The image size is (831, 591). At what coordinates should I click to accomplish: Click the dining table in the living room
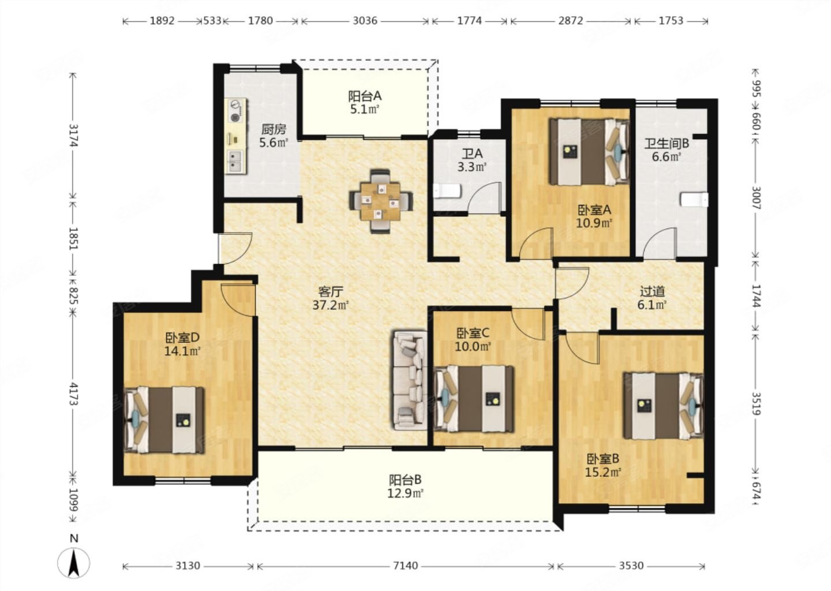click(381, 201)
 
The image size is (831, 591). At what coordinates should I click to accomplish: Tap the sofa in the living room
click(410, 381)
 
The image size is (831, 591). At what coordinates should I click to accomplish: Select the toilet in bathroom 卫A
click(447, 192)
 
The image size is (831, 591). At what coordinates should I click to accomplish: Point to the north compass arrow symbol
click(74, 563)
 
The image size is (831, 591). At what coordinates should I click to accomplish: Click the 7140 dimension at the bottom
click(406, 566)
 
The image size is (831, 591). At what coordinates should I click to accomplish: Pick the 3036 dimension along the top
click(365, 21)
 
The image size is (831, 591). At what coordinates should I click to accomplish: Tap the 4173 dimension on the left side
click(73, 394)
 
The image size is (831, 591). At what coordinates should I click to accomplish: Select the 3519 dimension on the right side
click(757, 404)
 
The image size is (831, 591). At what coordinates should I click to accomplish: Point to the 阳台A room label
click(365, 96)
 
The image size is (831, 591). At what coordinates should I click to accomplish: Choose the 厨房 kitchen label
click(274, 129)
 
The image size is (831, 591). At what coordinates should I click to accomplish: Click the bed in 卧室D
click(164, 420)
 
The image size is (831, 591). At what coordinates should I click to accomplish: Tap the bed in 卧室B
click(663, 406)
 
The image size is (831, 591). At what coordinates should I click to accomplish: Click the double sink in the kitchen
click(235, 162)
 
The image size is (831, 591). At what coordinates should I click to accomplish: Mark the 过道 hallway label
click(652, 291)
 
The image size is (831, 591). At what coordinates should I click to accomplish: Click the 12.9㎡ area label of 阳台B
click(406, 493)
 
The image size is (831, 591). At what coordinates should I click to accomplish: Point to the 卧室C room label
click(473, 334)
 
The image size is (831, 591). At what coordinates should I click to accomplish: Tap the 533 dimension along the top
click(212, 21)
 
